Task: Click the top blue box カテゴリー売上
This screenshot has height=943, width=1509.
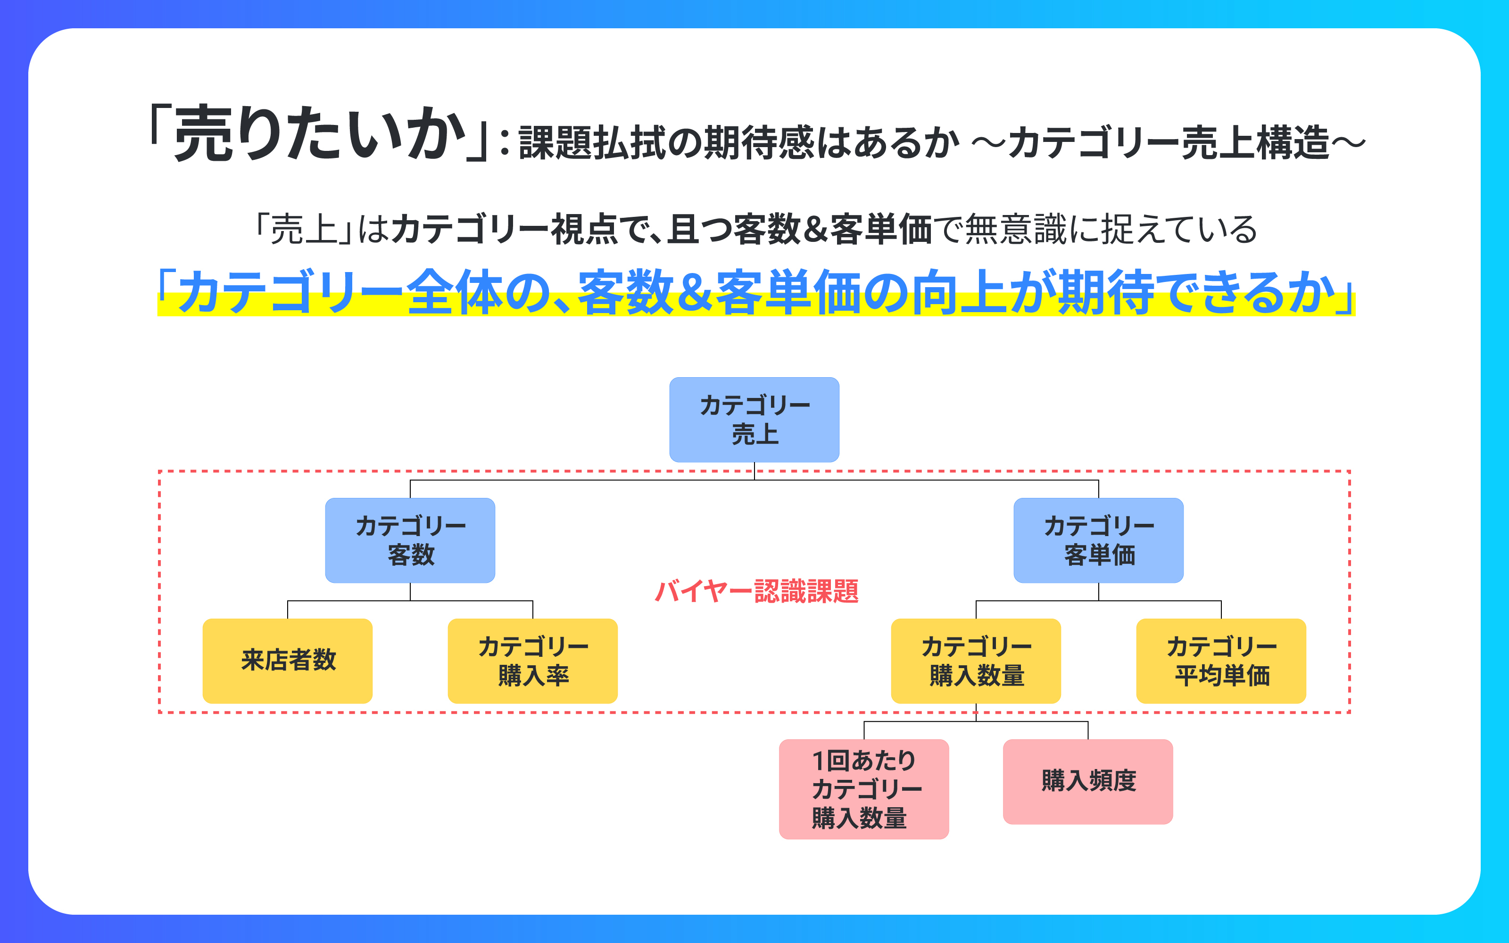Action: click(754, 419)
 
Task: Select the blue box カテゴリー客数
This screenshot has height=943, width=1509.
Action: click(410, 540)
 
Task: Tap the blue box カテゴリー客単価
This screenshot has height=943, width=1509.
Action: click(1098, 540)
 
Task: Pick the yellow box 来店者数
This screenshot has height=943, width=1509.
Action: click(288, 661)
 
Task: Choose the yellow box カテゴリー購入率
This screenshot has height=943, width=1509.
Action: click(532, 661)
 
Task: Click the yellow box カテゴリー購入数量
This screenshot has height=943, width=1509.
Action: click(976, 661)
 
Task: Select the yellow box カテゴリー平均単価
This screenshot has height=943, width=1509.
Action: click(1221, 661)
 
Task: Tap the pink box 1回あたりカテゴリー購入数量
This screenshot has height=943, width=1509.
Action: click(863, 789)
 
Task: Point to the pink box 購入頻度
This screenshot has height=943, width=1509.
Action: click(1087, 781)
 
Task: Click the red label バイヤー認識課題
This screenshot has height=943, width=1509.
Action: click(756, 591)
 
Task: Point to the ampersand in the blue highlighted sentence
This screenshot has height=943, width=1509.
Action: click(695, 292)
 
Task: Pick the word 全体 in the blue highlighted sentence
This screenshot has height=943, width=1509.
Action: click(455, 292)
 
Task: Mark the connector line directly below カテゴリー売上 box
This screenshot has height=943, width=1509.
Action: click(754, 471)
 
